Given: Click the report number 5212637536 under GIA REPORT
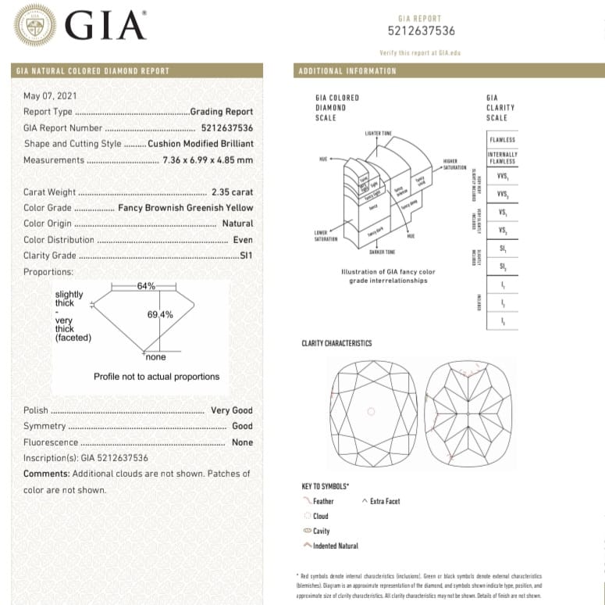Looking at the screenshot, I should [x=422, y=31].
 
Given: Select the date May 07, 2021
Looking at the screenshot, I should [x=50, y=95].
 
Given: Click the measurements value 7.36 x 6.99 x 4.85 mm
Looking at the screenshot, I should [x=208, y=160].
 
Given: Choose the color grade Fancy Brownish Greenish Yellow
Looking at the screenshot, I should [x=186, y=208].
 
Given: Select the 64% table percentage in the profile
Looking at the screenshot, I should [x=146, y=286].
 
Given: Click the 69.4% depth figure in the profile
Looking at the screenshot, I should [x=160, y=314].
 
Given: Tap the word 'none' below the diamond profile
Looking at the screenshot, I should [x=156, y=357].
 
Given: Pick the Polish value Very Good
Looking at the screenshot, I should [x=231, y=410].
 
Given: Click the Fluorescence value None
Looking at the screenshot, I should [x=242, y=442].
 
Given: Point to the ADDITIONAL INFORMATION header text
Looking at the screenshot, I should [x=347, y=71].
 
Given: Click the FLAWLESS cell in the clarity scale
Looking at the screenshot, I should [x=502, y=140].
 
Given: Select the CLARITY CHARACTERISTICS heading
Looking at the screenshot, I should [x=336, y=343].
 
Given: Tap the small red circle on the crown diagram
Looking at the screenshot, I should [x=371, y=411].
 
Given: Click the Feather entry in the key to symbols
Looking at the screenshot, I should [x=322, y=501].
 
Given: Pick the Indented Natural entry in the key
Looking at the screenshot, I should [x=335, y=546].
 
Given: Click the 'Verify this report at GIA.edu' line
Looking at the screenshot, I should [x=421, y=52].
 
